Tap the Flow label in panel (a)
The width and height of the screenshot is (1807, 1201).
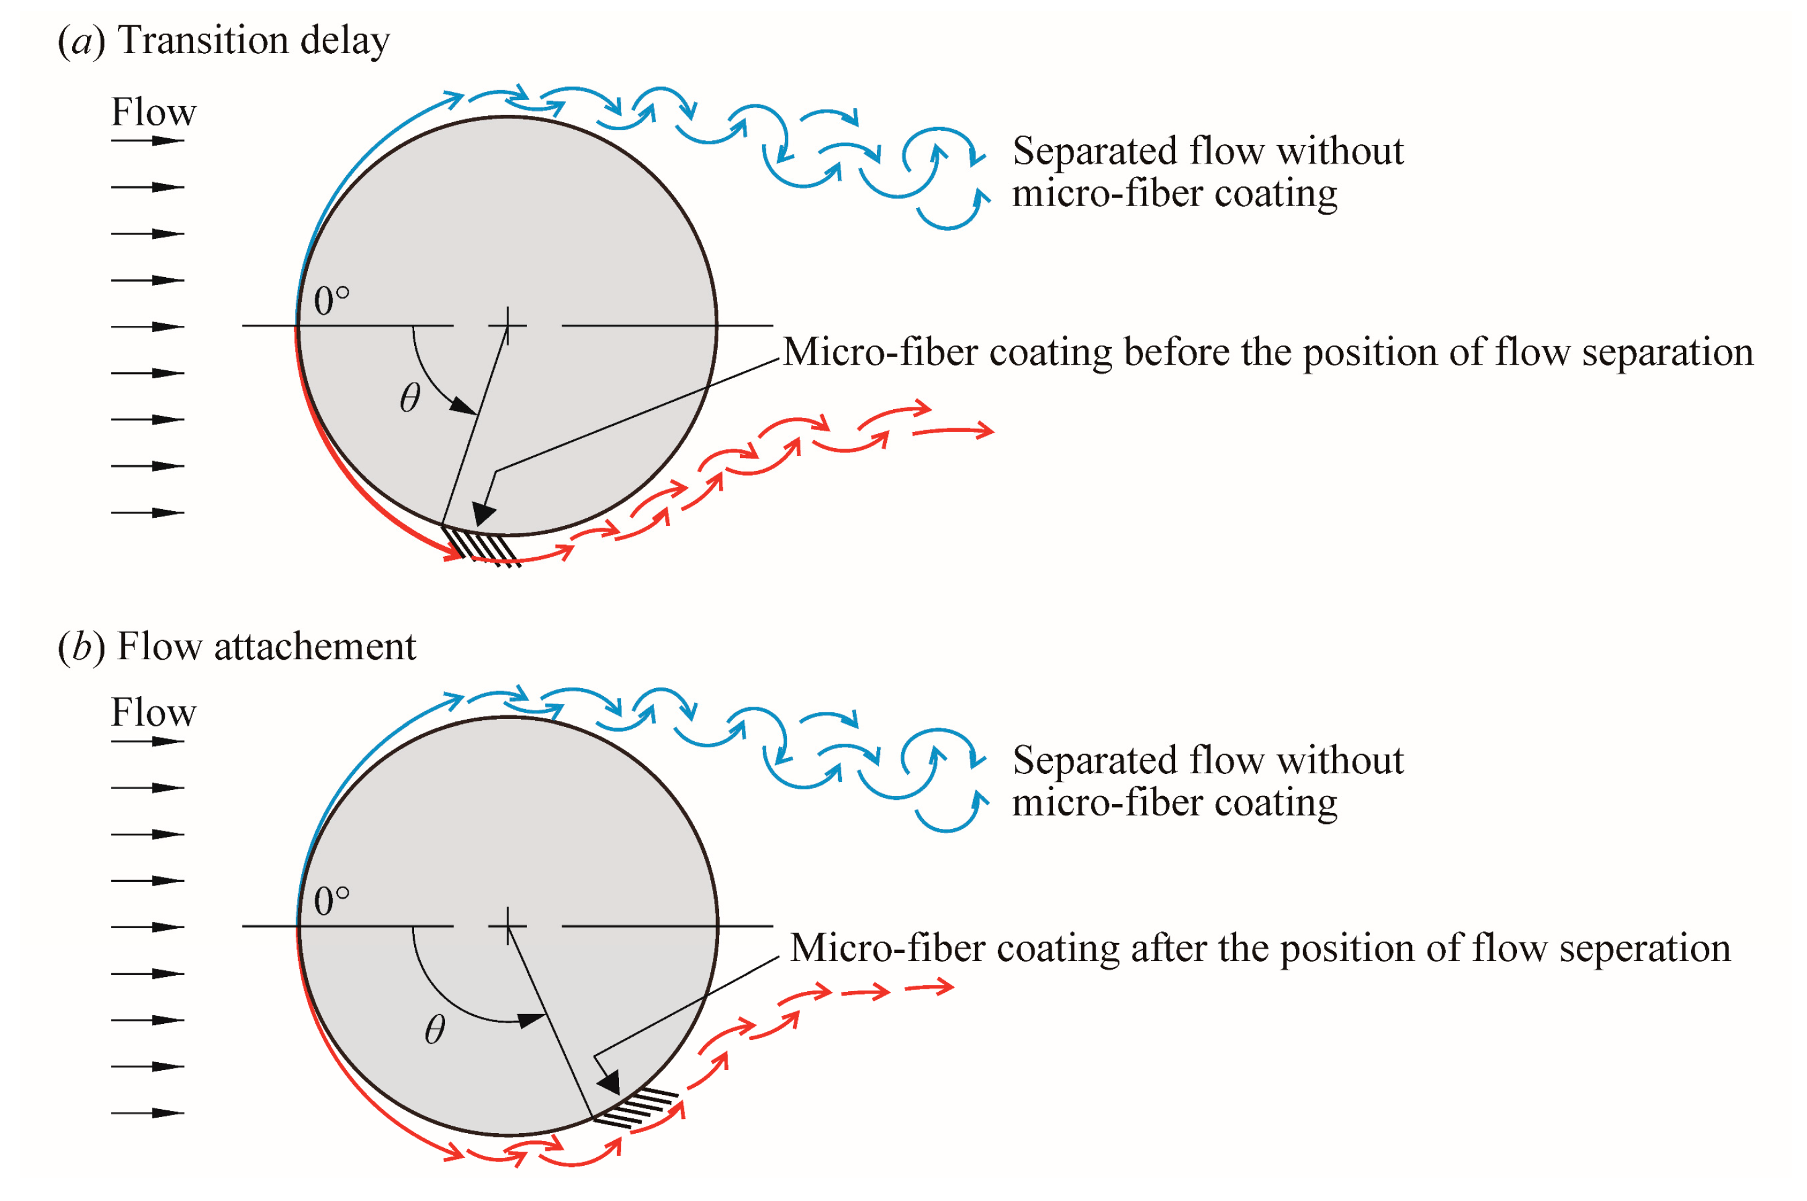[x=153, y=112]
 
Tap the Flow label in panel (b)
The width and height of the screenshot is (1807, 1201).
[x=153, y=712]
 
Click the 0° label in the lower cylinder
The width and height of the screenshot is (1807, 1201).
[x=331, y=901]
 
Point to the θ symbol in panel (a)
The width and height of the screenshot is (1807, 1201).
[x=410, y=397]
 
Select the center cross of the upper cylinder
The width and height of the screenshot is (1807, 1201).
[x=508, y=325]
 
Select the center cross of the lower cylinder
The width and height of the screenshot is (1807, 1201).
[x=508, y=925]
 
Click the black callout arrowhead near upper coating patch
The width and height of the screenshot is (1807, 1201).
[x=483, y=512]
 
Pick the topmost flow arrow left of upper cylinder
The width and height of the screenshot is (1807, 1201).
[x=147, y=141]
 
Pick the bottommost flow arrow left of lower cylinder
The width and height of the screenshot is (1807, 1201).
[x=147, y=1113]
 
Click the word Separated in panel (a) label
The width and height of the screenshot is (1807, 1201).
[x=1095, y=151]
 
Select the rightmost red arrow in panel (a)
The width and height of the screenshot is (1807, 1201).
[x=954, y=431]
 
